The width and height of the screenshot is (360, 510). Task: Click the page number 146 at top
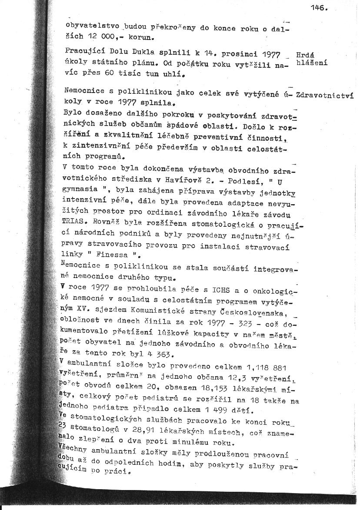319,7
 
